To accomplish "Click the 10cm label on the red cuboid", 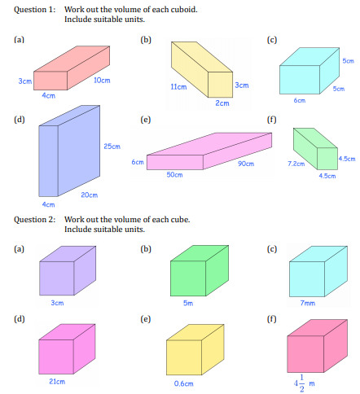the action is [x=102, y=81].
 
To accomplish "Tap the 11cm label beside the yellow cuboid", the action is [x=178, y=87].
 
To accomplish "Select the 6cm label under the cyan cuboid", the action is [x=300, y=100].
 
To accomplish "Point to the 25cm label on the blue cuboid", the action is [x=112, y=147].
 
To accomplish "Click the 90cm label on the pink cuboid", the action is [x=246, y=164].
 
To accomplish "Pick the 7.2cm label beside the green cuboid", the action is [x=296, y=164].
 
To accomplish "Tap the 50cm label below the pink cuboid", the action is [x=174, y=175].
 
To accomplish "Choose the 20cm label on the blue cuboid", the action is [x=90, y=195].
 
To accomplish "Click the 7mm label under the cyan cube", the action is [x=308, y=303].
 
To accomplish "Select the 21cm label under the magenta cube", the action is [x=57, y=382].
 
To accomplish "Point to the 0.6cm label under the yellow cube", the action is [x=184, y=383].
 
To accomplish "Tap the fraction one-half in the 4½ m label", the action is [x=301, y=383].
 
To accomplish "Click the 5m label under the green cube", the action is [x=188, y=303].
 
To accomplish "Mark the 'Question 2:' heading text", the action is [x=34, y=219].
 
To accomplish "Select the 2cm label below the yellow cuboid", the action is [x=222, y=103].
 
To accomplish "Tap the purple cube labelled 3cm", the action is [x=68, y=270].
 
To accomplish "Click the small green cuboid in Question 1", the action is [x=315, y=149].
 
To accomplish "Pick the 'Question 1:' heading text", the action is [x=34, y=10].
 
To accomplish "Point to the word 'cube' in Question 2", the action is [x=180, y=219].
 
